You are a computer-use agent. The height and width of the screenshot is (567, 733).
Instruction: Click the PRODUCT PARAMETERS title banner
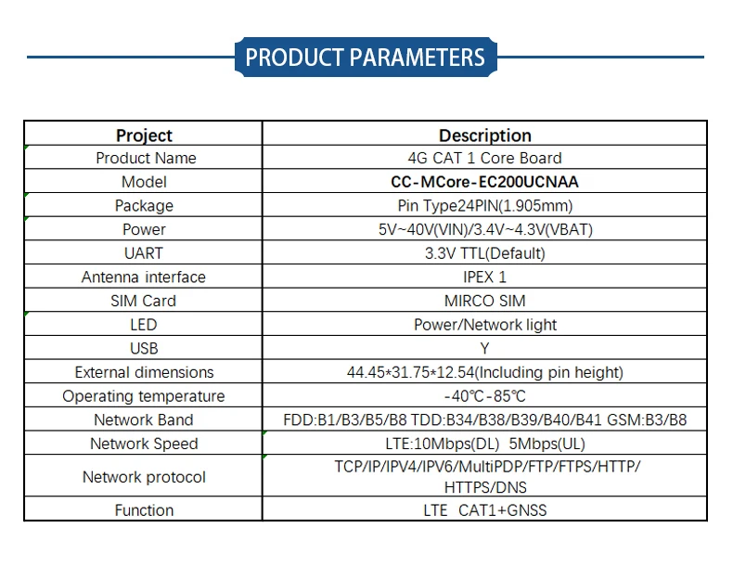(x=365, y=57)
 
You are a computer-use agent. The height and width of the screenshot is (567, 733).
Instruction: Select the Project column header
(x=144, y=135)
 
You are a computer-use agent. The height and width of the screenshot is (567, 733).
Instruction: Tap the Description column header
(x=484, y=135)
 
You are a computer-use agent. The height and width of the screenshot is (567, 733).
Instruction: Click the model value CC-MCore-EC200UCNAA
(x=484, y=182)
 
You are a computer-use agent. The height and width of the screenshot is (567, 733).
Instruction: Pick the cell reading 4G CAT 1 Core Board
(x=484, y=158)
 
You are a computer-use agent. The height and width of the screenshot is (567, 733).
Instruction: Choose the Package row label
(x=144, y=206)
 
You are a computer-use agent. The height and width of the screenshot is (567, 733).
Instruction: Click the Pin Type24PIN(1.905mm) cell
(x=484, y=206)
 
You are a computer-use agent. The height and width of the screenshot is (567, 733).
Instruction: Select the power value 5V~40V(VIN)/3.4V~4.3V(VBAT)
(x=484, y=229)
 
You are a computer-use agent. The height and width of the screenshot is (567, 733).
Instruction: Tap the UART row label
(x=144, y=253)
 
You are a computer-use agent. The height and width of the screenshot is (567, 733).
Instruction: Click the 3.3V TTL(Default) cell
(x=484, y=253)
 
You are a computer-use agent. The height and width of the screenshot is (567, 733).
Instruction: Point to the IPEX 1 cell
(x=484, y=277)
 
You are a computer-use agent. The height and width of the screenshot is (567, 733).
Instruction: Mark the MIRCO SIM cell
(x=484, y=301)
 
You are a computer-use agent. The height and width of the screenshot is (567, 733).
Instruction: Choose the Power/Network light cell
(x=484, y=325)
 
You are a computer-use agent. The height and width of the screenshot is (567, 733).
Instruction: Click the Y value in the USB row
(x=484, y=348)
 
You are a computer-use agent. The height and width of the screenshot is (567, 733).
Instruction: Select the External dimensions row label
(x=144, y=372)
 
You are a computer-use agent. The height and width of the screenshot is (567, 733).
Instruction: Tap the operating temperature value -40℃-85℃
(x=484, y=396)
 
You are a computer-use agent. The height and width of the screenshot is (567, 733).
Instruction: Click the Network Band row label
(x=144, y=420)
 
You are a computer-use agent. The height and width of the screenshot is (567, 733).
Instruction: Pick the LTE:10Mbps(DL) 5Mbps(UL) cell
(x=484, y=444)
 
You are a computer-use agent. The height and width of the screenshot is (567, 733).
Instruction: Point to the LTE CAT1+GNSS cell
(x=484, y=510)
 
